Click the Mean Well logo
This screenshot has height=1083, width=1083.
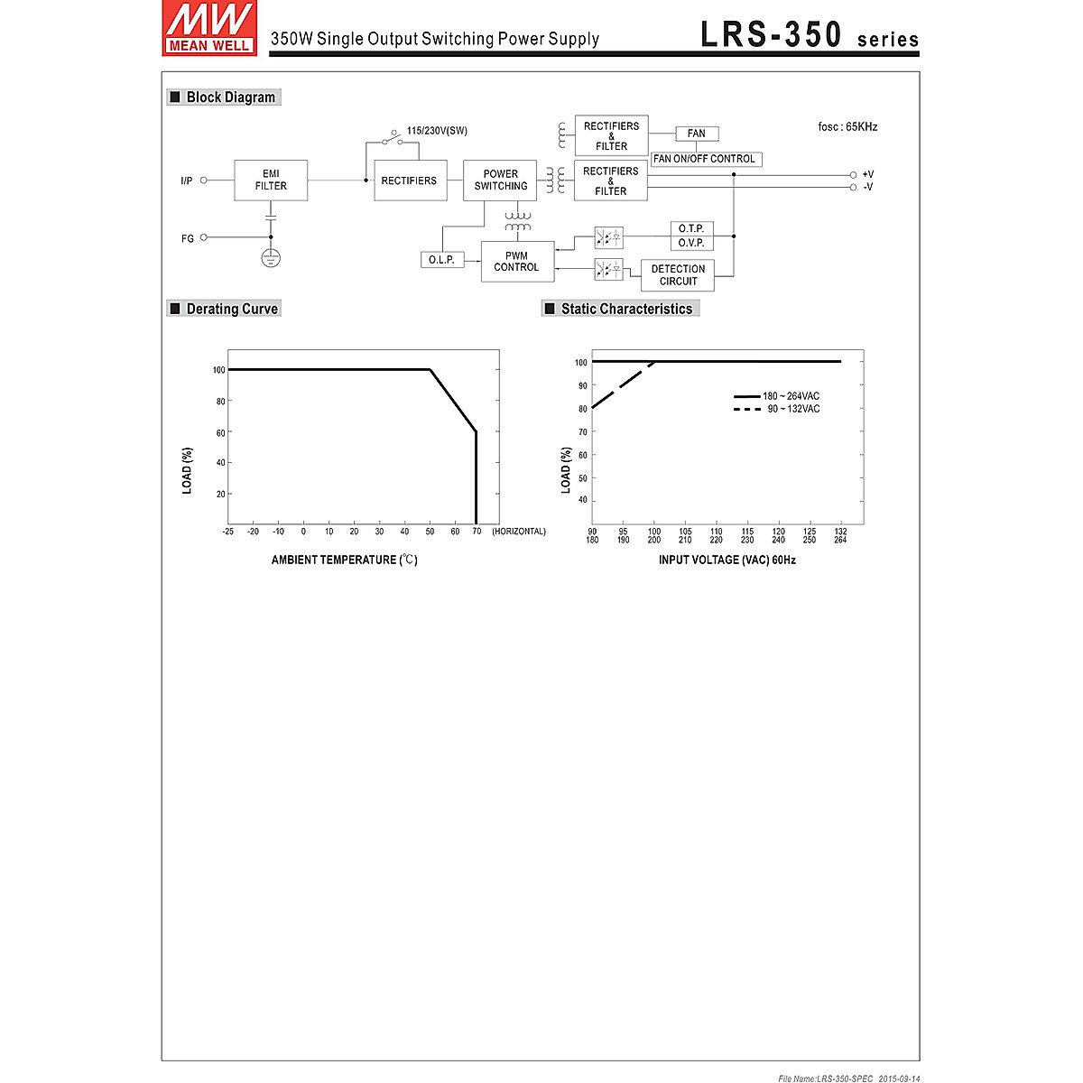[x=209, y=28]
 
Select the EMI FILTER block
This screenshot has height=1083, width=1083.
[x=271, y=180]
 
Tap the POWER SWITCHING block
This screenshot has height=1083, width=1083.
[x=500, y=180]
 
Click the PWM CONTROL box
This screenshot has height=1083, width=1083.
[x=517, y=262]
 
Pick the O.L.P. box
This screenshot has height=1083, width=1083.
[x=441, y=260]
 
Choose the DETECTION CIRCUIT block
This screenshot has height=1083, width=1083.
[x=678, y=275]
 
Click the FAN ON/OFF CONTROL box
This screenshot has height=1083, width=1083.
[x=705, y=159]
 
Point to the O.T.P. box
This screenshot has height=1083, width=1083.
[x=691, y=229]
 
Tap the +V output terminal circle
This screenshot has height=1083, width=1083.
[x=853, y=175]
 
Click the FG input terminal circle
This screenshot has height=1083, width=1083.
[x=204, y=237]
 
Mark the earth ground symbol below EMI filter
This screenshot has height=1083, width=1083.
[x=271, y=259]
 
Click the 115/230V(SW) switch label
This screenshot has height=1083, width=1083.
[x=437, y=131]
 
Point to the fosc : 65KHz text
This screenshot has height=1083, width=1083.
[x=847, y=127]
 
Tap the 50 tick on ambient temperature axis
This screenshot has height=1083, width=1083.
[x=430, y=532]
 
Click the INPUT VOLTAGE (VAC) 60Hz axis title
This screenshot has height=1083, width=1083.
[x=727, y=560]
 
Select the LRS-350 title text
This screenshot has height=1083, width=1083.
[x=772, y=34]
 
